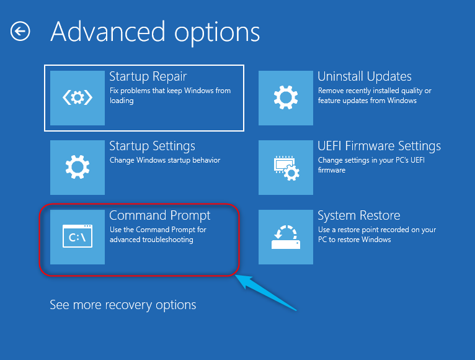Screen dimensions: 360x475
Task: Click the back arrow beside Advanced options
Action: point(20,31)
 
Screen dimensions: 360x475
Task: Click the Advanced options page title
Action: point(155,31)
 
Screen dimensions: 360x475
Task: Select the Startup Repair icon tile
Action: point(78,98)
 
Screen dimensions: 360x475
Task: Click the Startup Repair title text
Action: point(148,76)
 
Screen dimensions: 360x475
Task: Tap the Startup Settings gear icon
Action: point(78,168)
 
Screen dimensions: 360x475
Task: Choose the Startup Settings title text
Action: point(152,146)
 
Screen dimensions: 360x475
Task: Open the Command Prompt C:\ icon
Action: point(78,237)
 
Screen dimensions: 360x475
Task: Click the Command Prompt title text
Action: point(160,216)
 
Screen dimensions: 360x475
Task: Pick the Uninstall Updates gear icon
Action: point(286,98)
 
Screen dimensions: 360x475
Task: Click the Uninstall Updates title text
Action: point(365,76)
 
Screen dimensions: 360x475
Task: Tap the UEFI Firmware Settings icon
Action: point(286,168)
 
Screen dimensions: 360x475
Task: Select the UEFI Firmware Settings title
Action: point(379,146)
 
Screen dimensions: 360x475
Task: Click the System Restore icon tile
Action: point(286,237)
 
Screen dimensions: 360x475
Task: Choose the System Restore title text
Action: point(358,216)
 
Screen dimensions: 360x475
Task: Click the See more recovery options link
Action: point(123,305)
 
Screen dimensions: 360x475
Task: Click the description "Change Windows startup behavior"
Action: point(165,160)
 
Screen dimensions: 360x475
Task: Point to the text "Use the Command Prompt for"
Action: point(158,230)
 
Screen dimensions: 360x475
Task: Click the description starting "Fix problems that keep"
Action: point(170,91)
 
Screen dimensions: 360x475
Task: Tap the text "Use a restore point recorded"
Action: point(376,230)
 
